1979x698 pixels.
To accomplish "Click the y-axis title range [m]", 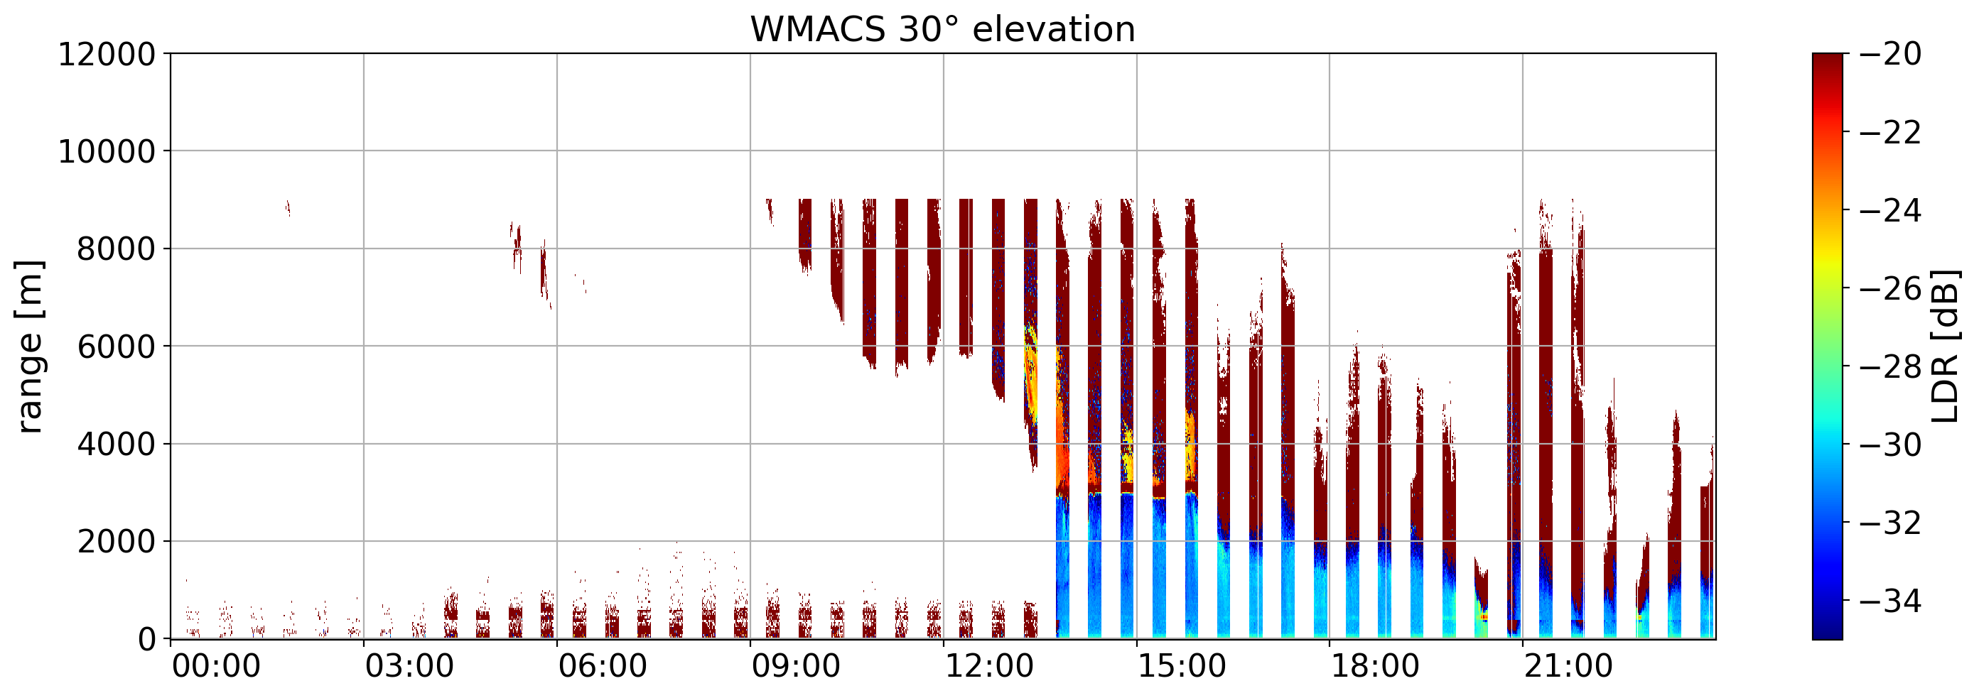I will tap(29, 347).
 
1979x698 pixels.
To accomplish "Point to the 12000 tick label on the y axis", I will tap(107, 54).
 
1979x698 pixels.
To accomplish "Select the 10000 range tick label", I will tap(107, 151).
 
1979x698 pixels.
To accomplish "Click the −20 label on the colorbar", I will tap(1891, 54).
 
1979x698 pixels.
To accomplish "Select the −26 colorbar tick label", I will tap(1891, 289).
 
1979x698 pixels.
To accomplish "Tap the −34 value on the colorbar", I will tap(1891, 601).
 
